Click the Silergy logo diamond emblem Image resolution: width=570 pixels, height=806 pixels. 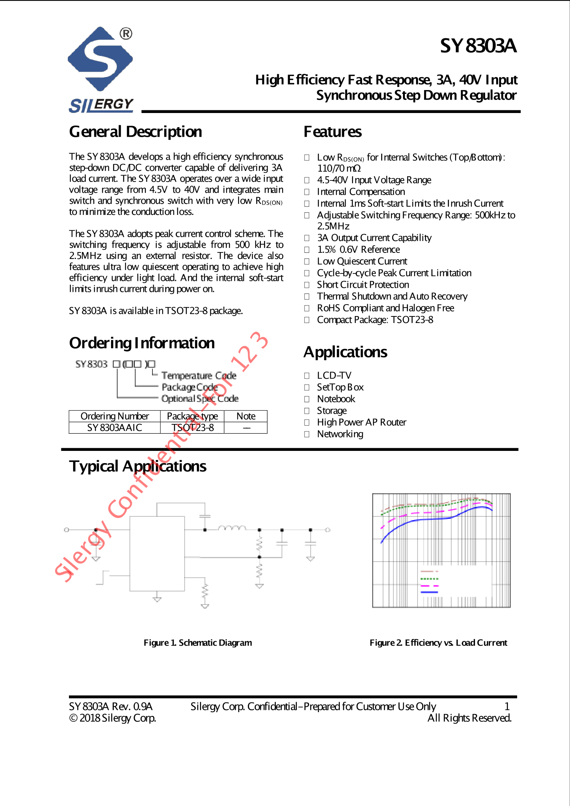(x=100, y=59)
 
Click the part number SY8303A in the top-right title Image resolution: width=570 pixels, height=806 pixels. (x=478, y=46)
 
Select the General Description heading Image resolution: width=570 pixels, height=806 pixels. (x=136, y=132)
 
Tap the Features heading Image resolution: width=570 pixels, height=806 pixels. (x=332, y=132)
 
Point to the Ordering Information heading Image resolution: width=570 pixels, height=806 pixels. (x=142, y=343)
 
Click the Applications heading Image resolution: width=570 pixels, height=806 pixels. (x=345, y=352)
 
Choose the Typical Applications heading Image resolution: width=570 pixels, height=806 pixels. (x=138, y=467)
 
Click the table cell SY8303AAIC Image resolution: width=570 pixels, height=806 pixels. (x=115, y=428)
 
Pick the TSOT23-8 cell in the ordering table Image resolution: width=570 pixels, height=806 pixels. (x=192, y=428)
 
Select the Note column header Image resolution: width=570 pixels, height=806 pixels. (x=246, y=416)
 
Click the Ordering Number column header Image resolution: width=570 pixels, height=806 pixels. (x=115, y=416)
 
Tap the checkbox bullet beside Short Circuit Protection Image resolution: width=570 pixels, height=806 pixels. (x=307, y=285)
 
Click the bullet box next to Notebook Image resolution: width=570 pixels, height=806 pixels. (x=307, y=399)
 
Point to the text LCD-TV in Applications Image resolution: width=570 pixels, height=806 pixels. (x=334, y=375)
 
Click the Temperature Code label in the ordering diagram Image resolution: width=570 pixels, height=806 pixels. (x=199, y=375)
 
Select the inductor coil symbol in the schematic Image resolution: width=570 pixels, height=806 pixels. (x=232, y=528)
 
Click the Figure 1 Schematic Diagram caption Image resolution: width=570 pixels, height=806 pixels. (x=198, y=643)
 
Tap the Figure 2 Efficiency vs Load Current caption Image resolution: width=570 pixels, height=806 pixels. (x=438, y=643)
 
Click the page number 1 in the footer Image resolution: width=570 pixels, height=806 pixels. (x=507, y=706)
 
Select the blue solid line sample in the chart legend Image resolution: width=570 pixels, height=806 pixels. (x=429, y=592)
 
